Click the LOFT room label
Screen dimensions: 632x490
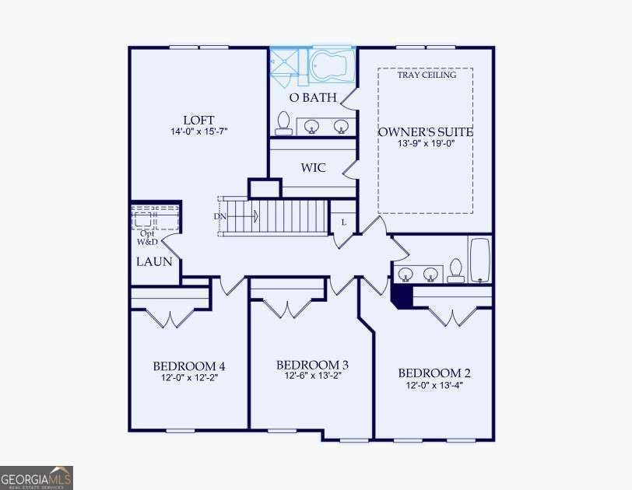pos(198,120)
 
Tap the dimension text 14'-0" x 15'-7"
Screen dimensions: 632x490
pos(199,131)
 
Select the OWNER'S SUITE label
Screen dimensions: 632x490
pos(426,132)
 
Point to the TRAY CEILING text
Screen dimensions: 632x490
pos(427,75)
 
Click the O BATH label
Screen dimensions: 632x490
pos(313,97)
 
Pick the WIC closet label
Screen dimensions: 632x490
pos(313,167)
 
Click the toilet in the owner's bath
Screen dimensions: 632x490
pos(283,123)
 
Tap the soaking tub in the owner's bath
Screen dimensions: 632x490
pos(332,65)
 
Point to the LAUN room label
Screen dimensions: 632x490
pos(154,261)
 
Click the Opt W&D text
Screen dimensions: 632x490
pos(147,237)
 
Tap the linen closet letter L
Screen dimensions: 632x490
pos(344,222)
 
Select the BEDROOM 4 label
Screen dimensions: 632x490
pos(189,366)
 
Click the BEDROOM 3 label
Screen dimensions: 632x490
pos(312,365)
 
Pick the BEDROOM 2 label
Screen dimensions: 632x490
pos(434,373)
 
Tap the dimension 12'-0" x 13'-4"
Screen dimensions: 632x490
pos(434,385)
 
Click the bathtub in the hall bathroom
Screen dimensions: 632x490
pos(479,260)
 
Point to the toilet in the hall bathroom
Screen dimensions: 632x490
pos(456,270)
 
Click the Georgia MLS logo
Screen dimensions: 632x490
pos(37,478)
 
